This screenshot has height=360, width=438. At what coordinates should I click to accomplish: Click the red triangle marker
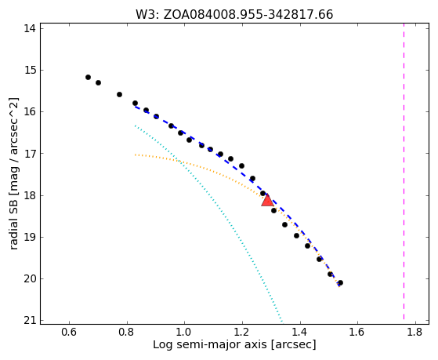coord(267,200)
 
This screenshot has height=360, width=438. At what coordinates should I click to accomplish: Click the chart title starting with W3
coord(234,15)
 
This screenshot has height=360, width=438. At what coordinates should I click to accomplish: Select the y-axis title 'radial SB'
coord(13,173)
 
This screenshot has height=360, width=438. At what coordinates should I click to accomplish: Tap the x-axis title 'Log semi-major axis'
coord(234,344)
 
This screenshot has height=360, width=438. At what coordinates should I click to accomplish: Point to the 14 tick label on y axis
coord(30,28)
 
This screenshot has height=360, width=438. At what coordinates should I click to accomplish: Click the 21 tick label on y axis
coord(30,321)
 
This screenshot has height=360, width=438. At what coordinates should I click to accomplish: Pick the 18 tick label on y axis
coord(30,195)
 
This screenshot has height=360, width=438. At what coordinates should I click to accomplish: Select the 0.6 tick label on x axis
coord(69,332)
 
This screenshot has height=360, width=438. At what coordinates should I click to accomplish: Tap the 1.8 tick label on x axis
coord(415,332)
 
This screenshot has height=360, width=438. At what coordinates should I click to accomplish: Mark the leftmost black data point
coord(88,77)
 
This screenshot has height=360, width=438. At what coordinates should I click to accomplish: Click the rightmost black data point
coord(340,283)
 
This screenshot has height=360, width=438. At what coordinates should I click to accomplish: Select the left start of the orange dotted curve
coord(136,155)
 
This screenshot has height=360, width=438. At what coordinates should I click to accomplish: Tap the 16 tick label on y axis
coord(30,112)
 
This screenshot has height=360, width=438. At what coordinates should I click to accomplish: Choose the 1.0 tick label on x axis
coord(184,332)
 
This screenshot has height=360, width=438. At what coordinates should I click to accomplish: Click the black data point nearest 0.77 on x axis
coord(119,95)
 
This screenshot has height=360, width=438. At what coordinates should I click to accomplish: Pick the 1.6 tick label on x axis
coord(357,332)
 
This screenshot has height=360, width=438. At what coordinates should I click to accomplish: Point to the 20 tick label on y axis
coord(30,279)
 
